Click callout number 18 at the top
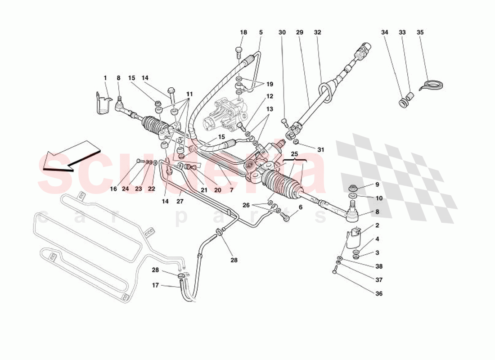coord(243,32)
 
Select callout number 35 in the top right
coord(420,32)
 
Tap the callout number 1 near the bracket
coord(105,78)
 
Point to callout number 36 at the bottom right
coord(379,294)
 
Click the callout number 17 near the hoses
coord(155,285)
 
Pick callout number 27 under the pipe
coord(180,202)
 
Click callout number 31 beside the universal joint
coord(320,149)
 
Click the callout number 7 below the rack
coord(231,190)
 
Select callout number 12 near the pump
coord(270,96)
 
